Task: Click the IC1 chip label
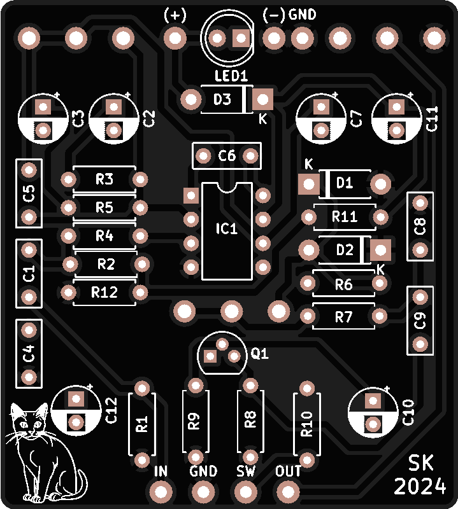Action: [226, 228]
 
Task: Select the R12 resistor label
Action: [104, 293]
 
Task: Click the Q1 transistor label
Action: [260, 354]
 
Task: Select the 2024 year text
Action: [420, 487]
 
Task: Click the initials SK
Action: [421, 463]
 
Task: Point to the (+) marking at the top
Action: [175, 15]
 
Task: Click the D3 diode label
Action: [222, 99]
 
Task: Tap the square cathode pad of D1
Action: [309, 185]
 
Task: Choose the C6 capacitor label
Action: [227, 156]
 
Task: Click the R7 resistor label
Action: [344, 316]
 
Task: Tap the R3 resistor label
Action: [104, 179]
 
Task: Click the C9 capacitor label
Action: [420, 320]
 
